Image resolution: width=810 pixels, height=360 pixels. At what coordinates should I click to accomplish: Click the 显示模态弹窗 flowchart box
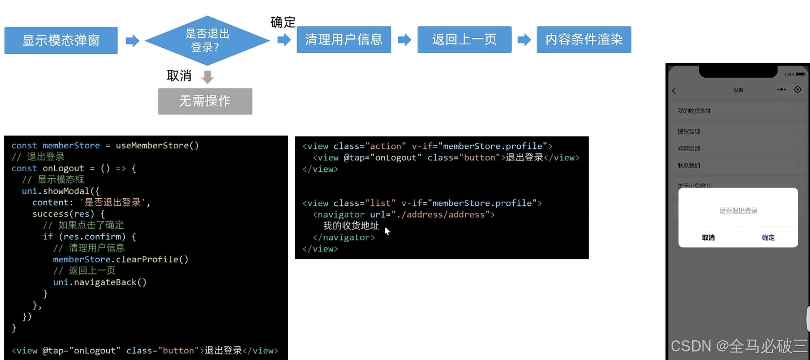point(61,40)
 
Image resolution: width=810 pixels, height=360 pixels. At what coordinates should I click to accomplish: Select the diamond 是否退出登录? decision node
point(207,40)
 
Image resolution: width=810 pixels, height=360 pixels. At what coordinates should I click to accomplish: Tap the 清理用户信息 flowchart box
point(344,40)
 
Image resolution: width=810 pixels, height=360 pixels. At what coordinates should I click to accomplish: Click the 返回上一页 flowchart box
point(464,40)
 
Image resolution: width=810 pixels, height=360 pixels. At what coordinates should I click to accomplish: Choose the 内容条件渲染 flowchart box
point(584,40)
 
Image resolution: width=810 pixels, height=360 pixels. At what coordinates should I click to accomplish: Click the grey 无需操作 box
point(205,101)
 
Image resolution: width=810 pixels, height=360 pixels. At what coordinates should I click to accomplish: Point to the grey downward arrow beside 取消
point(208,77)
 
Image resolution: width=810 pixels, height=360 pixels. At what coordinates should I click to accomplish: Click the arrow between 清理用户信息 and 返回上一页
point(404,40)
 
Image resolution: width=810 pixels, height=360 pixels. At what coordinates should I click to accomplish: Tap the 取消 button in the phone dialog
point(708,238)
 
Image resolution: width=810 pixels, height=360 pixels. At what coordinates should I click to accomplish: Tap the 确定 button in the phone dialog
point(768,238)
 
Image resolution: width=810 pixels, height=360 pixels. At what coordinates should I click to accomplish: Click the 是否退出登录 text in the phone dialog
point(738,211)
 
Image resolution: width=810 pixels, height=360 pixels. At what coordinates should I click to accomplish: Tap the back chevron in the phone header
point(674,91)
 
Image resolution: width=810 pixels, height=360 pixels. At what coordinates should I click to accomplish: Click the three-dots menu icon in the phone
point(782,90)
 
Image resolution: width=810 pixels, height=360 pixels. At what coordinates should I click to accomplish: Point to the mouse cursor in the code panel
point(387,231)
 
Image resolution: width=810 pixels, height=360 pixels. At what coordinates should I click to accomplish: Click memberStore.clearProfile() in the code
point(121,259)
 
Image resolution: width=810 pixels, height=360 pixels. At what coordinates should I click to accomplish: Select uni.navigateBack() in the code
point(100,282)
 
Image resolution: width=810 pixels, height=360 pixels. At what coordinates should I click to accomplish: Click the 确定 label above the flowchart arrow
point(283,22)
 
